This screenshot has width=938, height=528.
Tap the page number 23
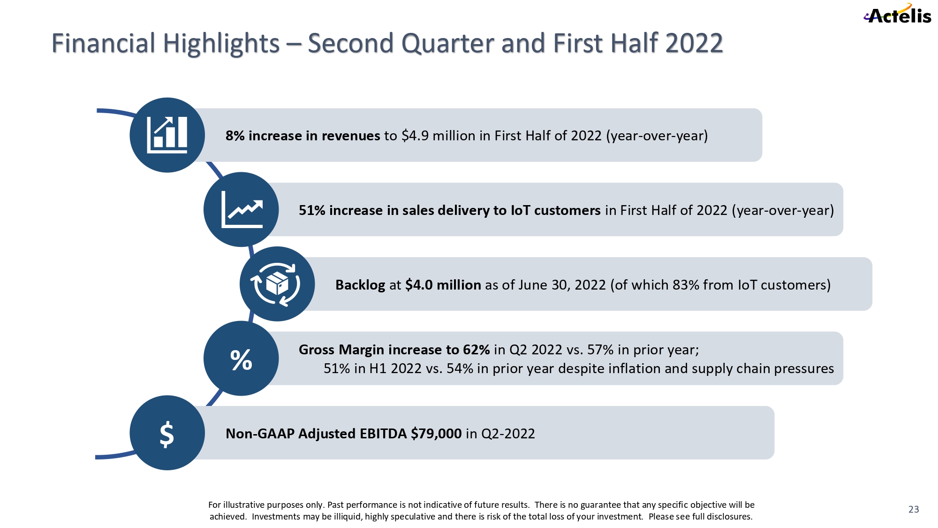[x=914, y=509]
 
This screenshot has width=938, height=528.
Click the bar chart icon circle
[x=167, y=135]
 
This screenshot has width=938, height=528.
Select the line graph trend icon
[x=241, y=209]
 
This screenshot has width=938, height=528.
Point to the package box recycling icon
[x=277, y=284]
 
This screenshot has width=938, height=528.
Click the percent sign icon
[x=241, y=360]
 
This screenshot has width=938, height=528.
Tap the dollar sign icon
[x=167, y=434]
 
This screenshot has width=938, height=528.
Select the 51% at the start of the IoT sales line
[x=312, y=211]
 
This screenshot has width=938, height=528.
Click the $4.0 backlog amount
[x=419, y=285]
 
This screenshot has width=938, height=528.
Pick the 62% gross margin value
[x=476, y=350]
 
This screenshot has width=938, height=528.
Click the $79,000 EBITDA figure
[x=436, y=434]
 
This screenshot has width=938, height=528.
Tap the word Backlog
[x=360, y=285]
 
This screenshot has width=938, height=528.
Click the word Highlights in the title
[x=221, y=44]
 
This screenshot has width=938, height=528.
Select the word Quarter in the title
[x=448, y=44]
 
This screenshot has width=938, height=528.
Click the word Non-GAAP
[x=260, y=434]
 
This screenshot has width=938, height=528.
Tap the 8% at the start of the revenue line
[x=235, y=136]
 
